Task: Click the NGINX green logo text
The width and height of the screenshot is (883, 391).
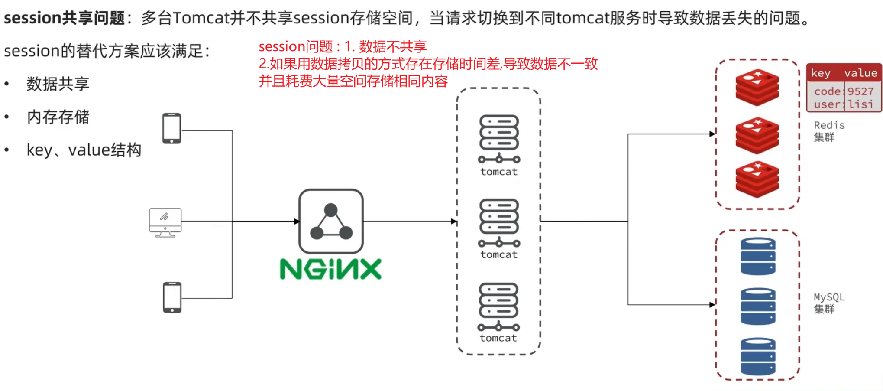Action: (330, 269)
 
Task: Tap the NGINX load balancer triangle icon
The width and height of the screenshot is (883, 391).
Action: (331, 222)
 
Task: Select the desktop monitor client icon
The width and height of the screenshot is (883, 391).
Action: (165, 222)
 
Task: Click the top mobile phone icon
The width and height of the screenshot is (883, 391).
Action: (171, 128)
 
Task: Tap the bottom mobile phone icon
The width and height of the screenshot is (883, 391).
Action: (172, 297)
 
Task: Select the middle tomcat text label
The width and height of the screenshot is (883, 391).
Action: (499, 255)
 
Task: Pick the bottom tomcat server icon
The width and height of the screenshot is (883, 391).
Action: (498, 307)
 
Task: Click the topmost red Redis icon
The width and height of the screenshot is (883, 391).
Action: (757, 88)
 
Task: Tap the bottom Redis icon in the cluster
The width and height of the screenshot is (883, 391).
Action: (757, 179)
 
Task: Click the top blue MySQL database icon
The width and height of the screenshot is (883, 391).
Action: (758, 256)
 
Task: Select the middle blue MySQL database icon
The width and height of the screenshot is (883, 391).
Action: (758, 306)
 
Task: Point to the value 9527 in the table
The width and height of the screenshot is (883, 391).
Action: (860, 91)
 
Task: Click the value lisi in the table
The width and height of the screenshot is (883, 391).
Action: (860, 104)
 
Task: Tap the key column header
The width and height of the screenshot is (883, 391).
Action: (821, 73)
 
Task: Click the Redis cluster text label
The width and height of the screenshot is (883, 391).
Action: (828, 131)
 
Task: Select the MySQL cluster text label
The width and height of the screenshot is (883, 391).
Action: (828, 303)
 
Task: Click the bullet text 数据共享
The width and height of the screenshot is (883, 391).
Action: (58, 84)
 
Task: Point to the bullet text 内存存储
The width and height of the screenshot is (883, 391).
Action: (58, 117)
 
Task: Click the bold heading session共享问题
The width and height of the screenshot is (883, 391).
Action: (64, 18)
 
